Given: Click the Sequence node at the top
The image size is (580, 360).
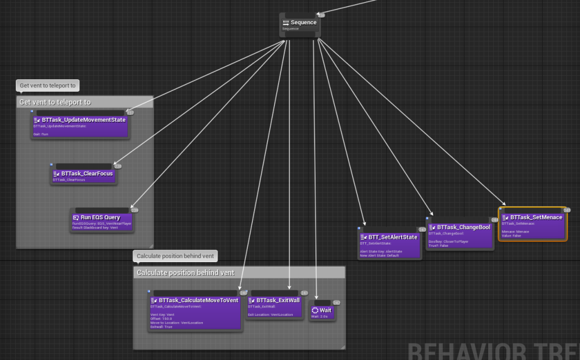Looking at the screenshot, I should tap(300, 25).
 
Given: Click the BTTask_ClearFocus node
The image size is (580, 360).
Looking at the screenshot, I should tap(84, 175).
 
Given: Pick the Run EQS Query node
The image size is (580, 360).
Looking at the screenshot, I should tap(104, 221).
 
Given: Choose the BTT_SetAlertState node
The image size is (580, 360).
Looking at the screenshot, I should tap(390, 245).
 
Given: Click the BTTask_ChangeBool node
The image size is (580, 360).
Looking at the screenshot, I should tap(459, 235).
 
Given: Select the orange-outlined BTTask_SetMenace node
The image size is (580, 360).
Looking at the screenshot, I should tap(532, 226).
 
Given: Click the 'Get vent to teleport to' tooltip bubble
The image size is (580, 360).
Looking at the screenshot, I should tap(48, 86).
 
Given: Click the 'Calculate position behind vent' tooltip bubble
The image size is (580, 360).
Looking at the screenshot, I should tap(175, 256).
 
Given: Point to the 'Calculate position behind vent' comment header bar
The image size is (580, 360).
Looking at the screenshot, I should tap(239, 273).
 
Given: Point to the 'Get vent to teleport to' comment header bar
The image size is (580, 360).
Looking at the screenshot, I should tap(85, 102).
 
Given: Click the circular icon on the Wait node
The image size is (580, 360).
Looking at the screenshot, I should tap(315, 310).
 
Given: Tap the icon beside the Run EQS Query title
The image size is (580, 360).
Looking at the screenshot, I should tap(76, 217).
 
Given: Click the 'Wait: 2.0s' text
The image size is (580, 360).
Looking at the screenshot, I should tap(319, 316).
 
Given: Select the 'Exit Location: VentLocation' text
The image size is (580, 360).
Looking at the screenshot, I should tap(271, 314).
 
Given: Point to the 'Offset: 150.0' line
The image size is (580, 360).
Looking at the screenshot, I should tap(161, 318).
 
